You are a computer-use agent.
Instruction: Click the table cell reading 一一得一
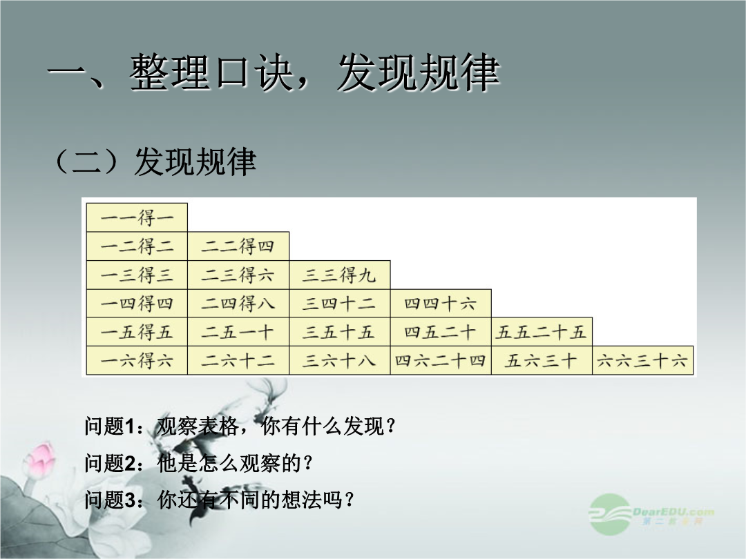click(x=137, y=217)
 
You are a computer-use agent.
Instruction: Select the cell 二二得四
click(x=238, y=246)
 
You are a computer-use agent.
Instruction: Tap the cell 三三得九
click(x=340, y=275)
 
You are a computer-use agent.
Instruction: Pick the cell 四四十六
click(x=441, y=303)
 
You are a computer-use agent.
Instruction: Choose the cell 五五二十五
click(x=542, y=332)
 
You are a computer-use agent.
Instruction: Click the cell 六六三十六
click(x=643, y=360)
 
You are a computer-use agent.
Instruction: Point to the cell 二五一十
click(x=238, y=332)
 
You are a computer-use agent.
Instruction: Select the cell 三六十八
click(x=340, y=360)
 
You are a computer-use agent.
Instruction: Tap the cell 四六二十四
click(x=441, y=360)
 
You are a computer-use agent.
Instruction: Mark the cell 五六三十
click(x=542, y=360)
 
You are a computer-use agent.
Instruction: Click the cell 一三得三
click(x=137, y=275)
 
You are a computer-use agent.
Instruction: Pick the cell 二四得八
click(x=238, y=303)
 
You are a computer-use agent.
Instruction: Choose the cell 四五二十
click(x=441, y=332)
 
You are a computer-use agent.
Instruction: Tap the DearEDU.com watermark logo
click(x=651, y=515)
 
